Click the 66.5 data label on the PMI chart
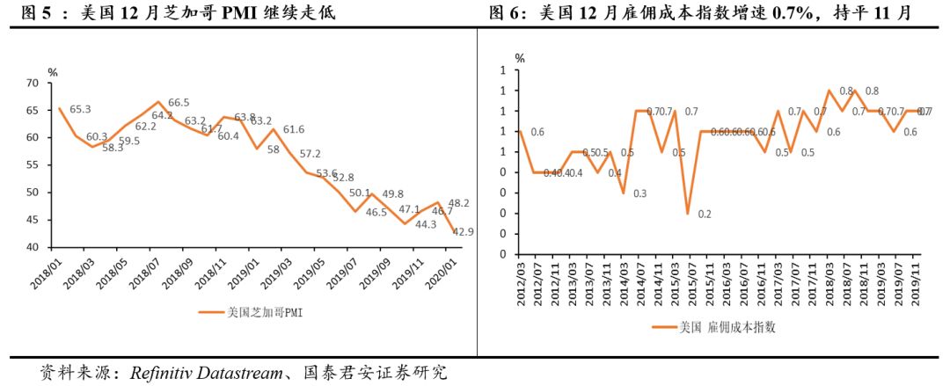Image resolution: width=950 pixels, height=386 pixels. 179,102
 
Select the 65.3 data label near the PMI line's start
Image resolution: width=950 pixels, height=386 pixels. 80,109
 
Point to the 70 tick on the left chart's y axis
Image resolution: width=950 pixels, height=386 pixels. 33,83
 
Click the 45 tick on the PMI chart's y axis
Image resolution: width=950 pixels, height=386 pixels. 33,220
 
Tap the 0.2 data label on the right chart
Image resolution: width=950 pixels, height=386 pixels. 705,214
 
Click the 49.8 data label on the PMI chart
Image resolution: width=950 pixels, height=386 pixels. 393,194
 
